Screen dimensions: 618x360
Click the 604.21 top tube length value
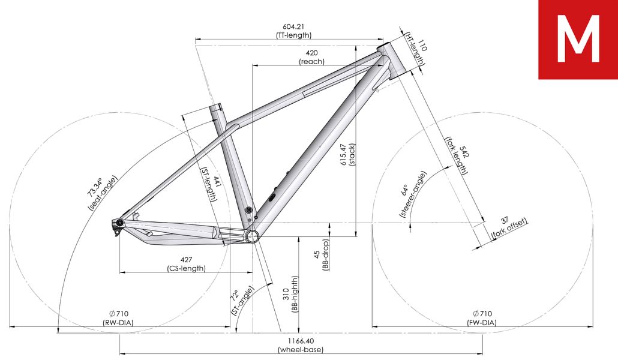[293, 27]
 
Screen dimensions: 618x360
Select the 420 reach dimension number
[311, 53]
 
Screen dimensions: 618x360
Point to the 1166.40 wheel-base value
[301, 341]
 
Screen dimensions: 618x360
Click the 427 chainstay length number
[186, 260]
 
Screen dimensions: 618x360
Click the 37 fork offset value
[505, 220]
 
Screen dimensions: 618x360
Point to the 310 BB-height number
[286, 294]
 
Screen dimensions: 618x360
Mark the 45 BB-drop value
[317, 255]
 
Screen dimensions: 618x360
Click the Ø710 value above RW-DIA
[119, 314]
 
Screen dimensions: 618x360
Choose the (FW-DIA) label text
[482, 323]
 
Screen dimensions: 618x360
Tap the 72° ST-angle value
[235, 296]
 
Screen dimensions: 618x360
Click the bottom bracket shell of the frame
[251, 236]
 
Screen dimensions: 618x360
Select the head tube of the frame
[392, 59]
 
